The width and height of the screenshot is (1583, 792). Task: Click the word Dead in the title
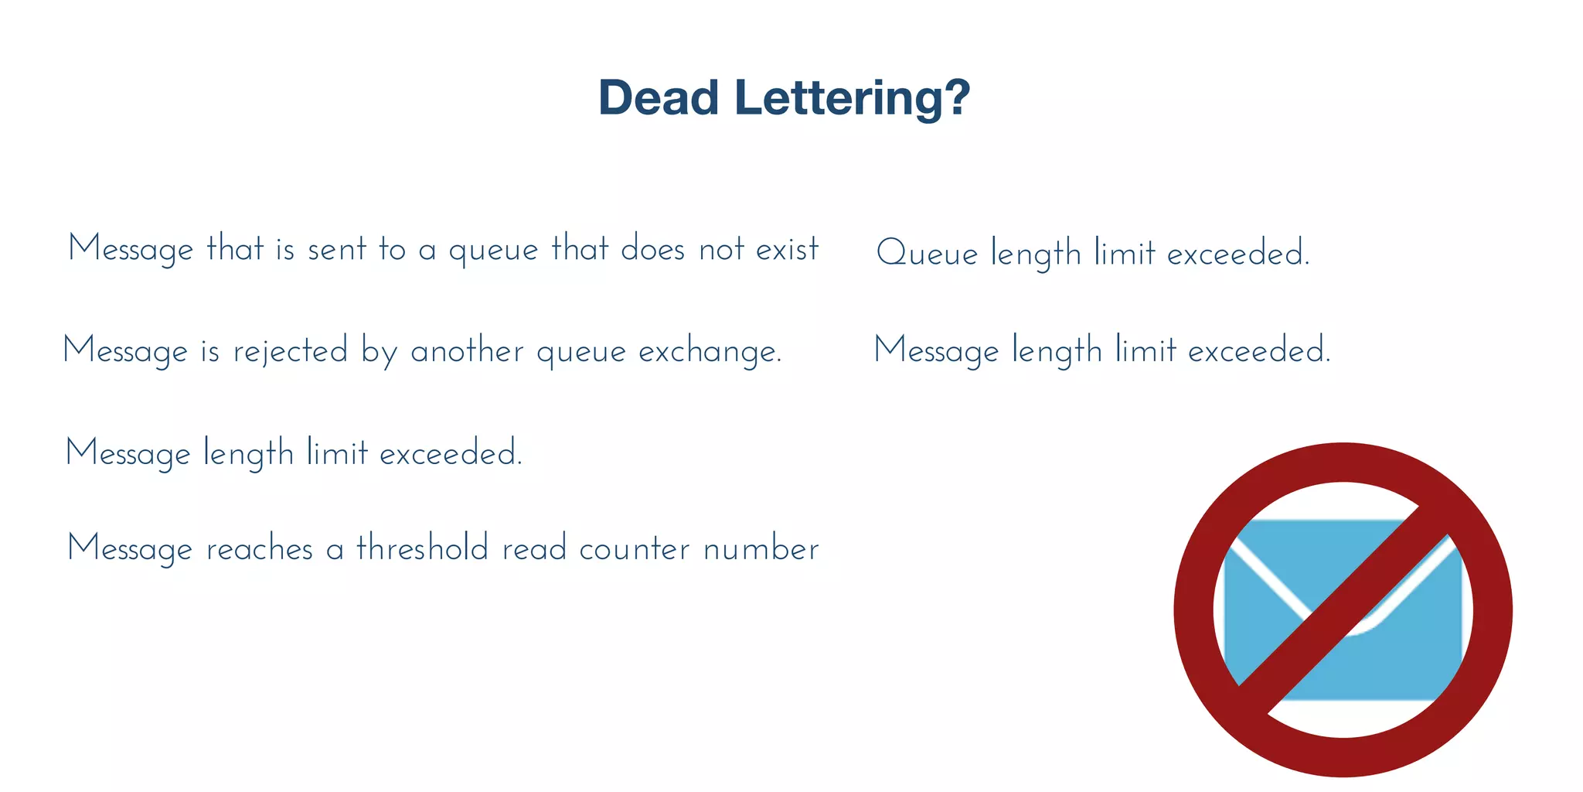[x=659, y=98]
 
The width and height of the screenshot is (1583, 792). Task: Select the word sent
[x=337, y=250]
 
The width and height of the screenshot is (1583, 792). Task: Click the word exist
[x=787, y=250]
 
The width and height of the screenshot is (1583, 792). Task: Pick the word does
[x=652, y=250]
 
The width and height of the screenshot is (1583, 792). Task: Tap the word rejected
[x=291, y=352]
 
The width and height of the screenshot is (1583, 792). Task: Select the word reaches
[x=260, y=549]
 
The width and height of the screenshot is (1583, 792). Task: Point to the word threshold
[x=422, y=548]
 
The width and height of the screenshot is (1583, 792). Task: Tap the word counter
[x=634, y=549]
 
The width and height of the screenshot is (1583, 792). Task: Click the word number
[x=761, y=549]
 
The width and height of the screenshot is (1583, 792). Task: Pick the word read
[x=534, y=549]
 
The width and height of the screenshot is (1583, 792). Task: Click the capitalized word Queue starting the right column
[x=927, y=254]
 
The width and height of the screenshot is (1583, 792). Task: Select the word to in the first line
[x=392, y=250]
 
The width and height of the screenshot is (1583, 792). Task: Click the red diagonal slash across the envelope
[x=1343, y=609]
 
